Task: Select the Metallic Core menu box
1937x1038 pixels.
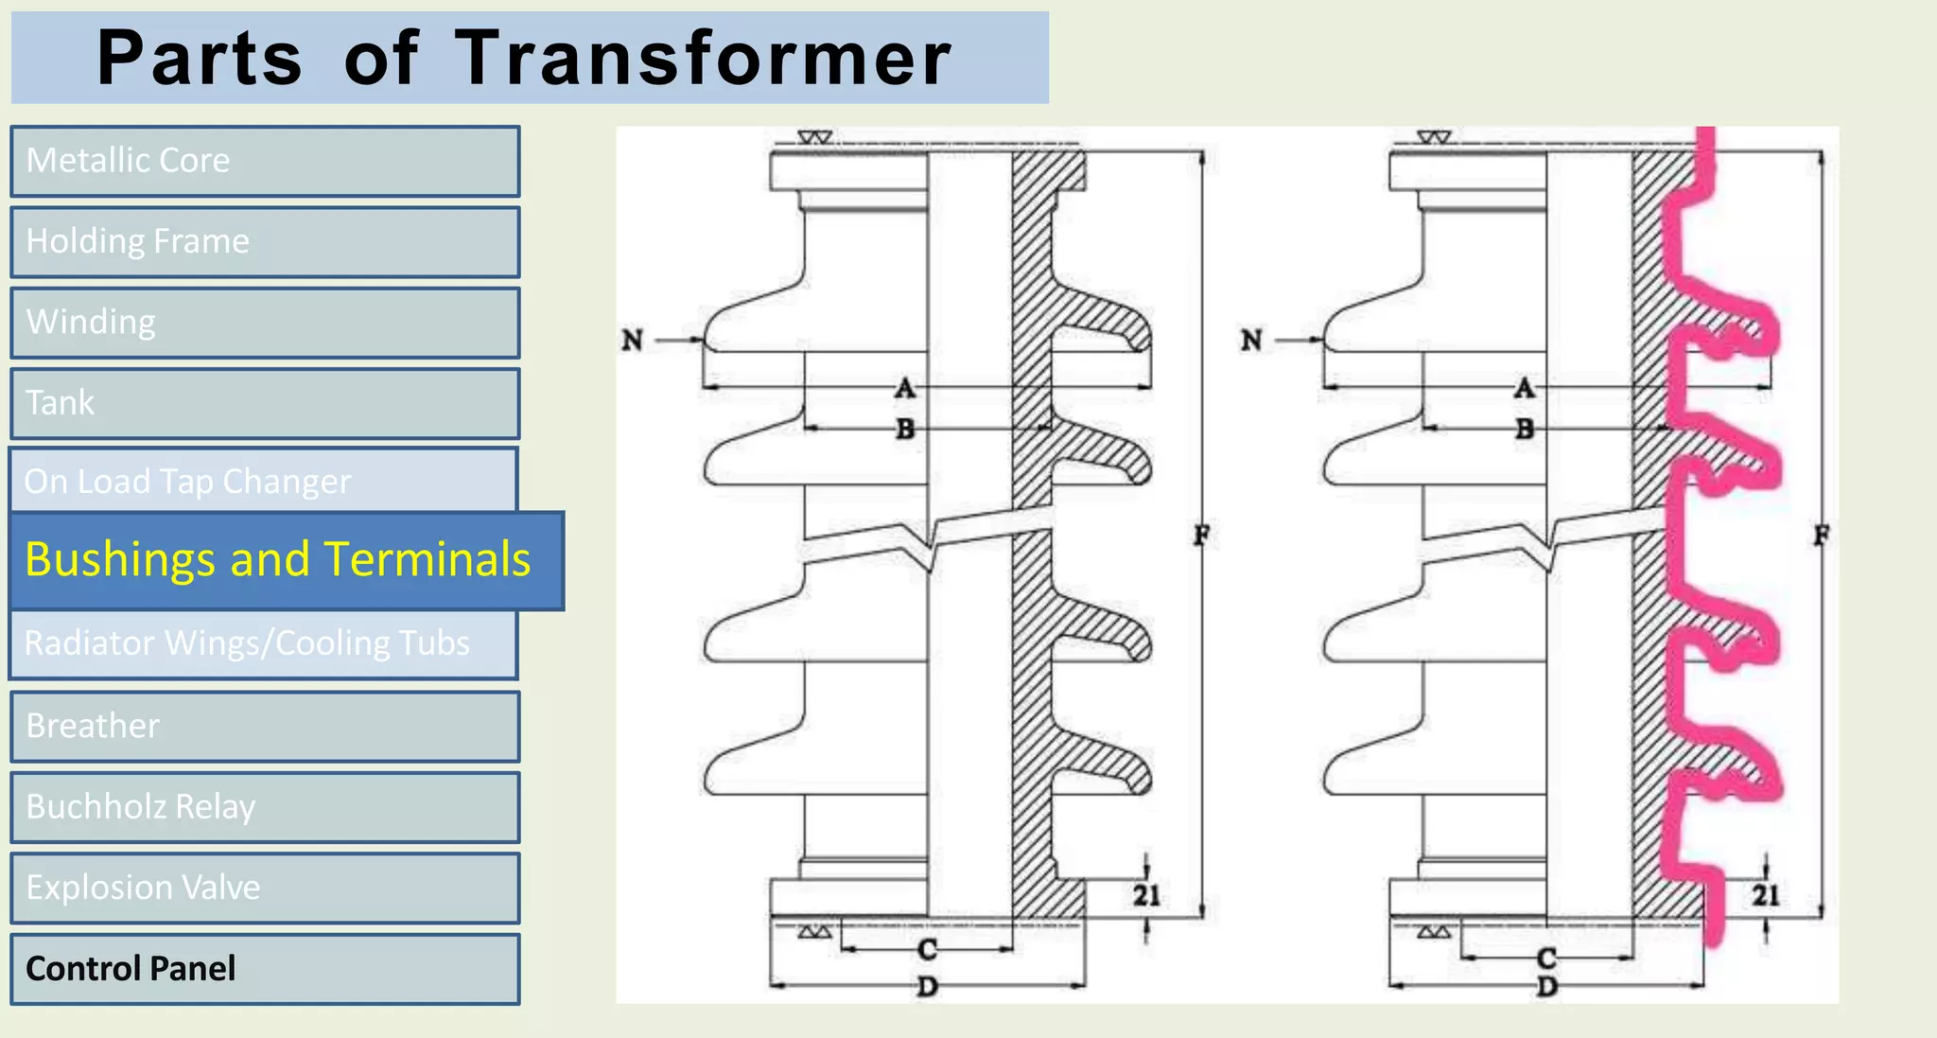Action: pyautogui.click(x=265, y=161)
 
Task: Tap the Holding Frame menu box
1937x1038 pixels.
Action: pyautogui.click(x=265, y=242)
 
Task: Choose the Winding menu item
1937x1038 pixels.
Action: pyautogui.click(x=265, y=323)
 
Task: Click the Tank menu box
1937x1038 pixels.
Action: pyautogui.click(x=265, y=403)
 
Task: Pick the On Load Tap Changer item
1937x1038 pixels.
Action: pyautogui.click(x=263, y=481)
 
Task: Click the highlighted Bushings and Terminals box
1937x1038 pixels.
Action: pyautogui.click(x=286, y=560)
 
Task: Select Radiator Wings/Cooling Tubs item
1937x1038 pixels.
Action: pyautogui.click(x=263, y=643)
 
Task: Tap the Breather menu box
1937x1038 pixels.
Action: pyautogui.click(x=265, y=726)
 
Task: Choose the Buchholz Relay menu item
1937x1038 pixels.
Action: pyautogui.click(x=265, y=807)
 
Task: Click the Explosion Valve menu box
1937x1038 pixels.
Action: pyautogui.click(x=265, y=888)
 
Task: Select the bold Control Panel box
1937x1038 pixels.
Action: pyautogui.click(x=265, y=969)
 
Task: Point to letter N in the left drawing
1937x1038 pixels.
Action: pyautogui.click(x=632, y=340)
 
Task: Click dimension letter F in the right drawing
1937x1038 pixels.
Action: pyautogui.click(x=1821, y=536)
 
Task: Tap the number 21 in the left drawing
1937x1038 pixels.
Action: pyautogui.click(x=1146, y=895)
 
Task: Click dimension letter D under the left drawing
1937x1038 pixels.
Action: pyautogui.click(x=928, y=987)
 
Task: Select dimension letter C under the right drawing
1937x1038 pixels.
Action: pyautogui.click(x=1546, y=958)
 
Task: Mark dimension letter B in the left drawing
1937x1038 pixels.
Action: pyautogui.click(x=905, y=429)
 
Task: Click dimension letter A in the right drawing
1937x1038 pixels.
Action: pyautogui.click(x=1524, y=388)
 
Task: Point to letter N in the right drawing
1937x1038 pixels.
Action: pyautogui.click(x=1251, y=340)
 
